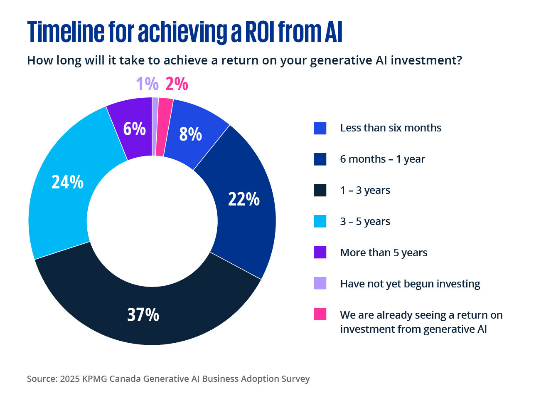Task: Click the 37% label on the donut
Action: tap(143, 315)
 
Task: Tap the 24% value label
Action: tap(67, 182)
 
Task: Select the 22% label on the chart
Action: tap(244, 199)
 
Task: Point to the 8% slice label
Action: tap(190, 134)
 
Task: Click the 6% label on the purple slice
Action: tap(134, 129)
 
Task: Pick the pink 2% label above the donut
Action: tap(177, 84)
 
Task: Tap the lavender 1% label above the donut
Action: tap(147, 84)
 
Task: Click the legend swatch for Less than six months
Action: tap(320, 128)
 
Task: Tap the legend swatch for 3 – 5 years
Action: tap(320, 221)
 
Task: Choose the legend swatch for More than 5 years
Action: tap(320, 252)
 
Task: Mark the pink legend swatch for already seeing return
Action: tap(320, 314)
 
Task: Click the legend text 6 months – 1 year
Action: tap(382, 159)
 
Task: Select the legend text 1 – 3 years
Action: tap(365, 190)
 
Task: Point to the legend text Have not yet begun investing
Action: tap(410, 284)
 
